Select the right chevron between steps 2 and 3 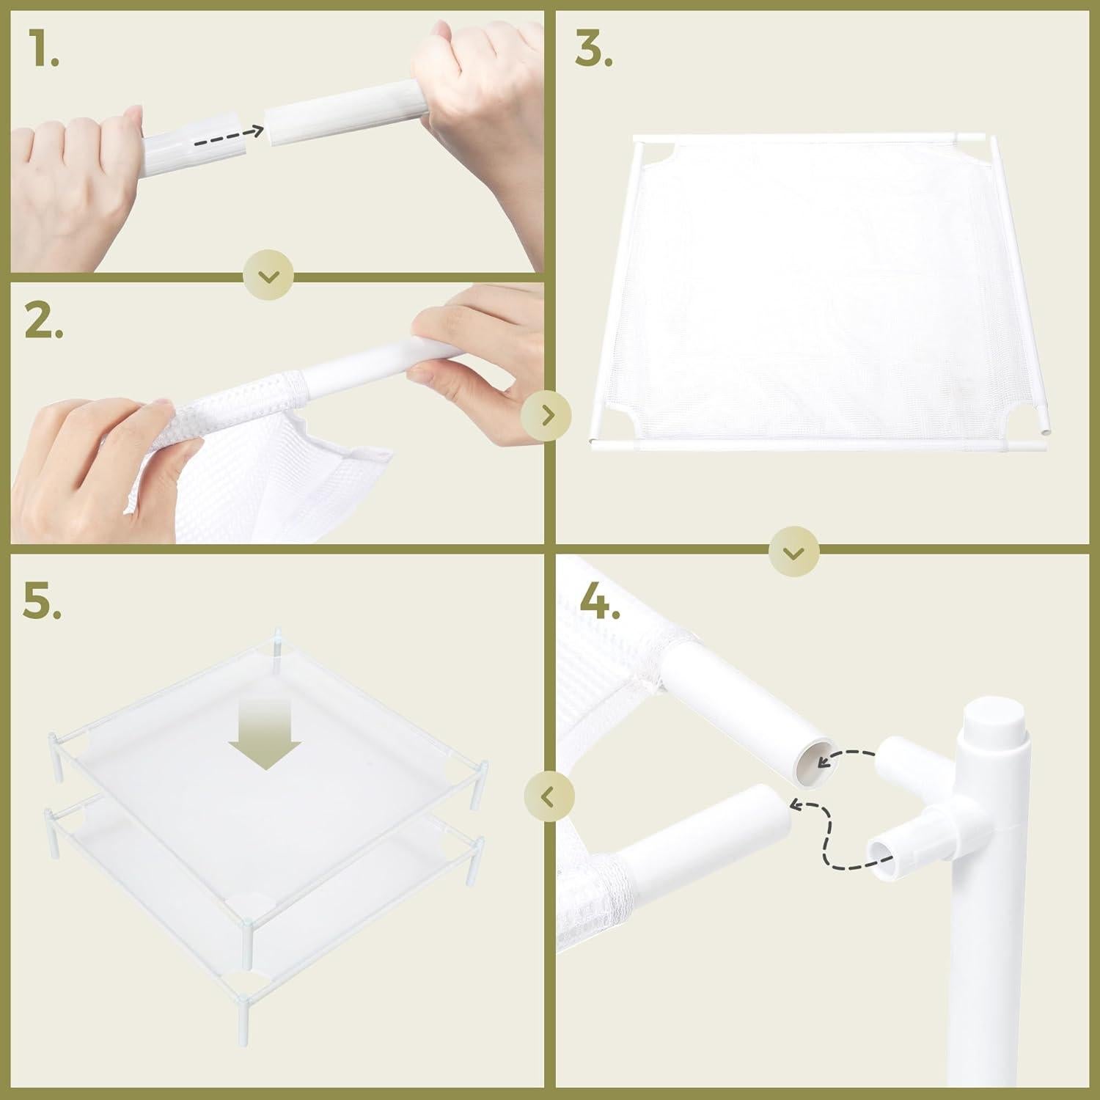pos(546,416)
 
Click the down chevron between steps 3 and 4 pos(794,552)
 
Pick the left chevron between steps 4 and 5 pos(549,796)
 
